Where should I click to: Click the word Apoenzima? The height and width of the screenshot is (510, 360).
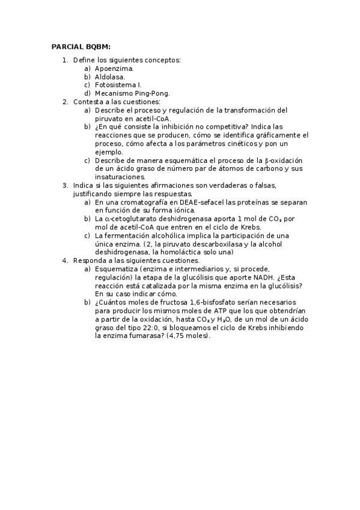(114, 69)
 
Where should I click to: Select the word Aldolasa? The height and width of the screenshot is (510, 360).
(110, 77)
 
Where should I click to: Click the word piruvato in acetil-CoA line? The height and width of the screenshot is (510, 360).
(109, 118)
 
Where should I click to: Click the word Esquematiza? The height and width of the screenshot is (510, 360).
(116, 269)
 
